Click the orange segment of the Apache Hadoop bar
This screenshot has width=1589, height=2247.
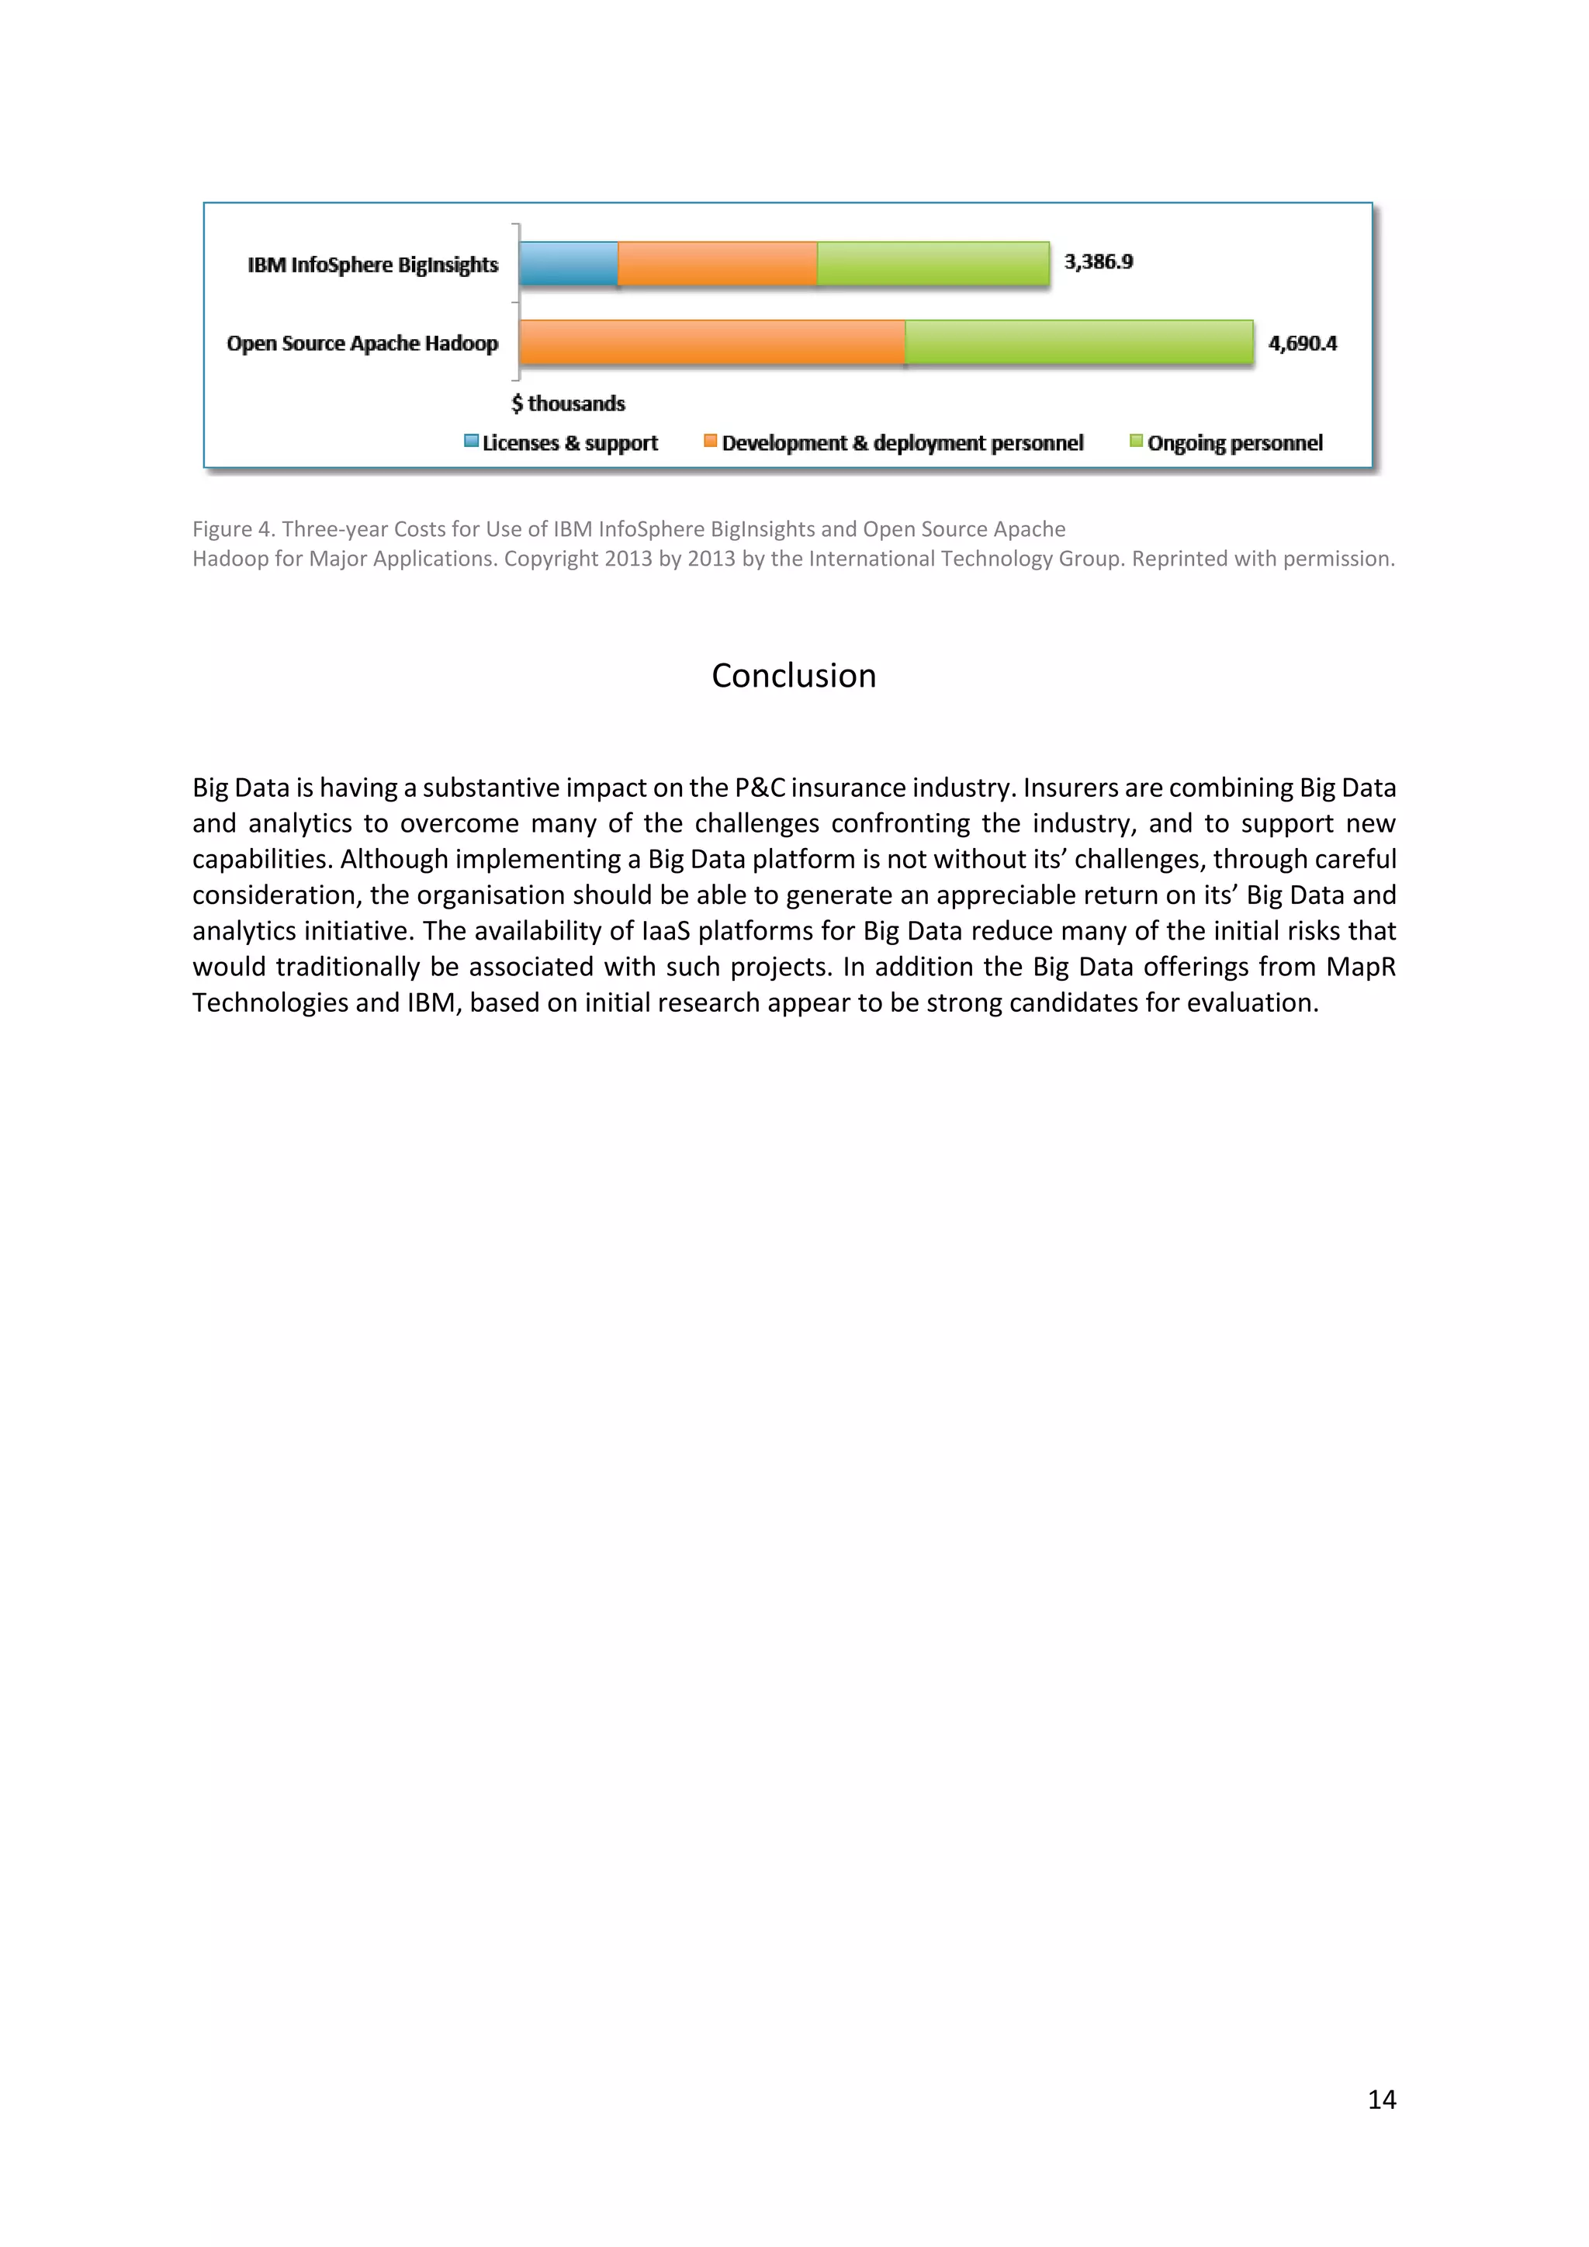pos(711,342)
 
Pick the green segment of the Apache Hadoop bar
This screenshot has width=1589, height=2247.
pos(1078,342)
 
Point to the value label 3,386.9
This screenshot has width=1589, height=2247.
pos(1098,261)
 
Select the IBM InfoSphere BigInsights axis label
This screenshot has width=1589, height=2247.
pos(372,265)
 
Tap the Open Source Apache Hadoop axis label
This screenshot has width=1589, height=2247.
pos(362,342)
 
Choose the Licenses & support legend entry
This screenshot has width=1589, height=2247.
pos(562,442)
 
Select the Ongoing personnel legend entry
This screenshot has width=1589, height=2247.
pos(1226,442)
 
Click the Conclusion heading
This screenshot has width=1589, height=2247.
pos(794,675)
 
